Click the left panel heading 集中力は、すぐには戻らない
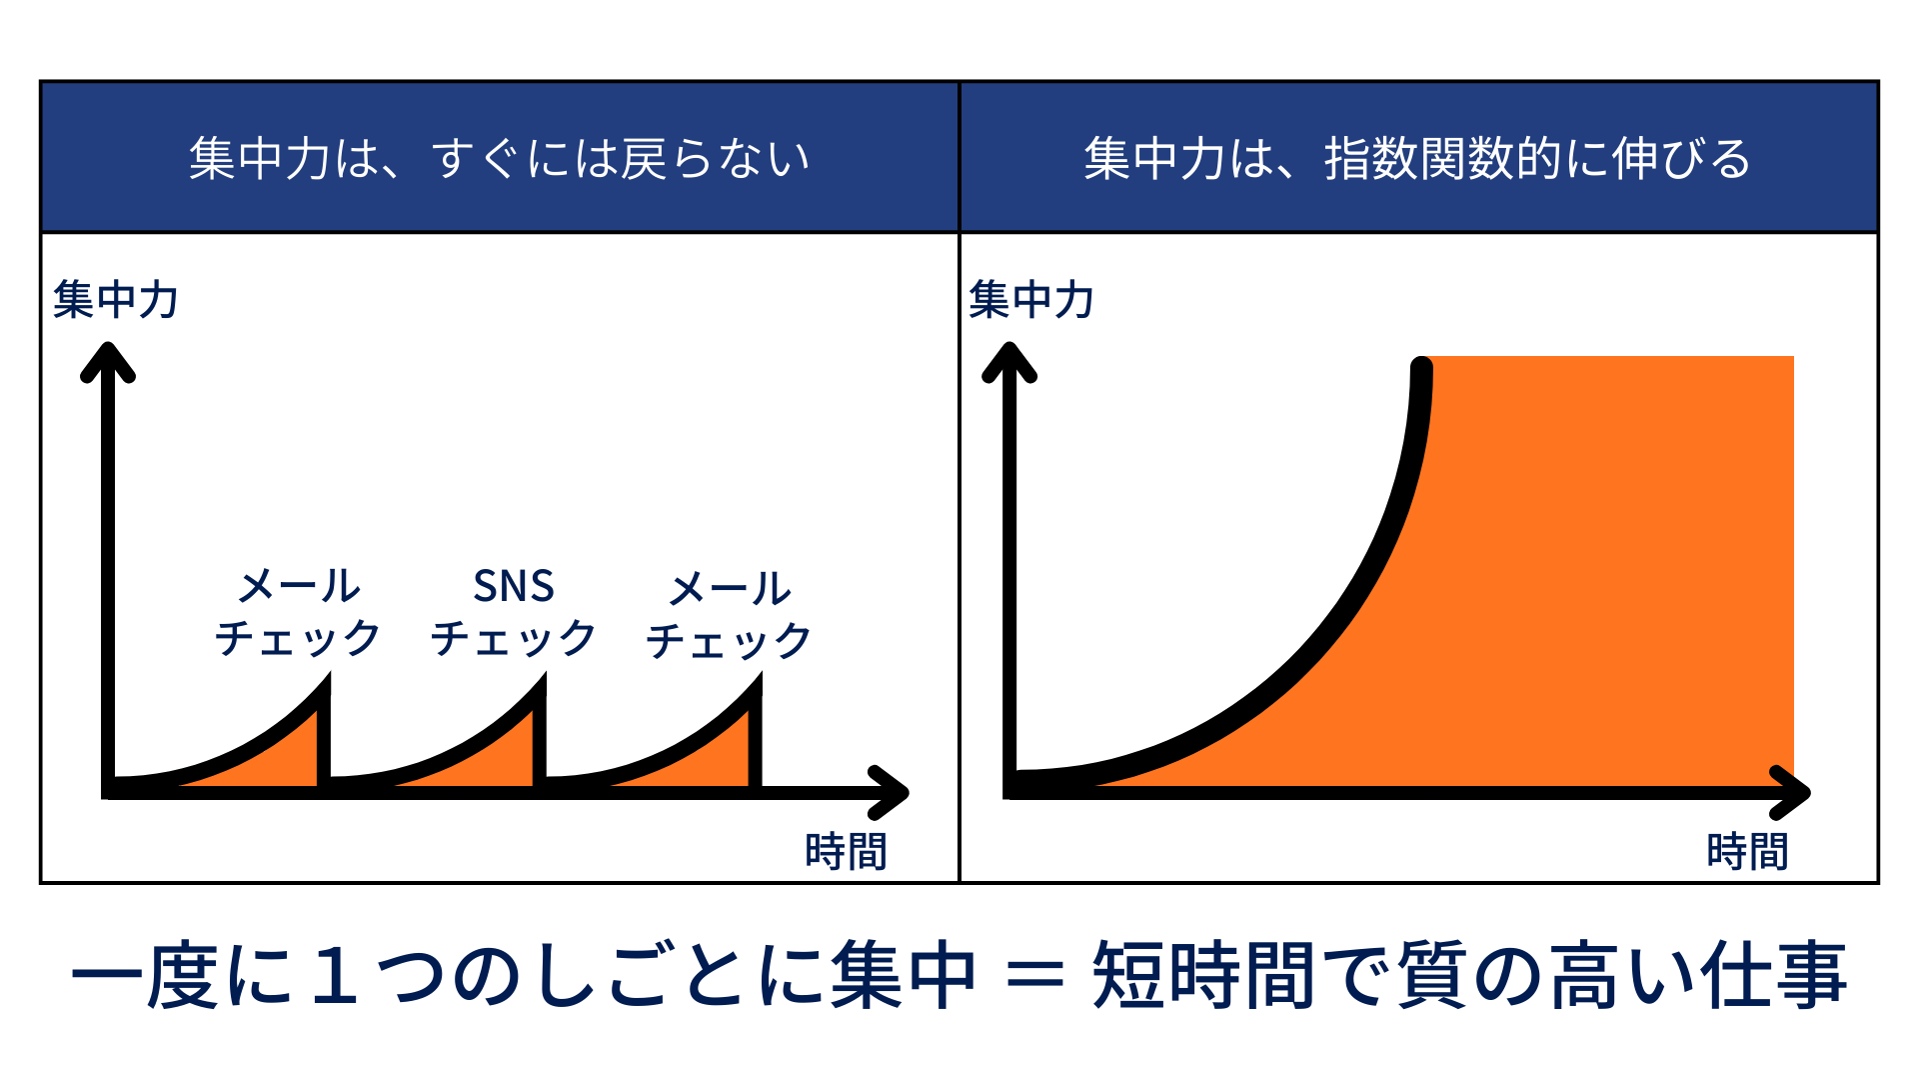point(499,158)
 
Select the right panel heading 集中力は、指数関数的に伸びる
point(1417,158)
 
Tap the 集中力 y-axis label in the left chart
point(116,299)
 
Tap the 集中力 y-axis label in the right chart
point(1031,299)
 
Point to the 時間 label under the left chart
point(846,851)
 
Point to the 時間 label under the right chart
point(1747,851)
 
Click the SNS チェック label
point(513,611)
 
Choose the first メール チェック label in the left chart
point(298,611)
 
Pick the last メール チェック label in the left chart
point(729,614)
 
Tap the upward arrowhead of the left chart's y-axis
point(108,361)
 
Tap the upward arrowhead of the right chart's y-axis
point(1009,361)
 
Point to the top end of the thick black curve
point(1421,368)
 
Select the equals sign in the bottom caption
point(1035,975)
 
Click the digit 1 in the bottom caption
point(334,975)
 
